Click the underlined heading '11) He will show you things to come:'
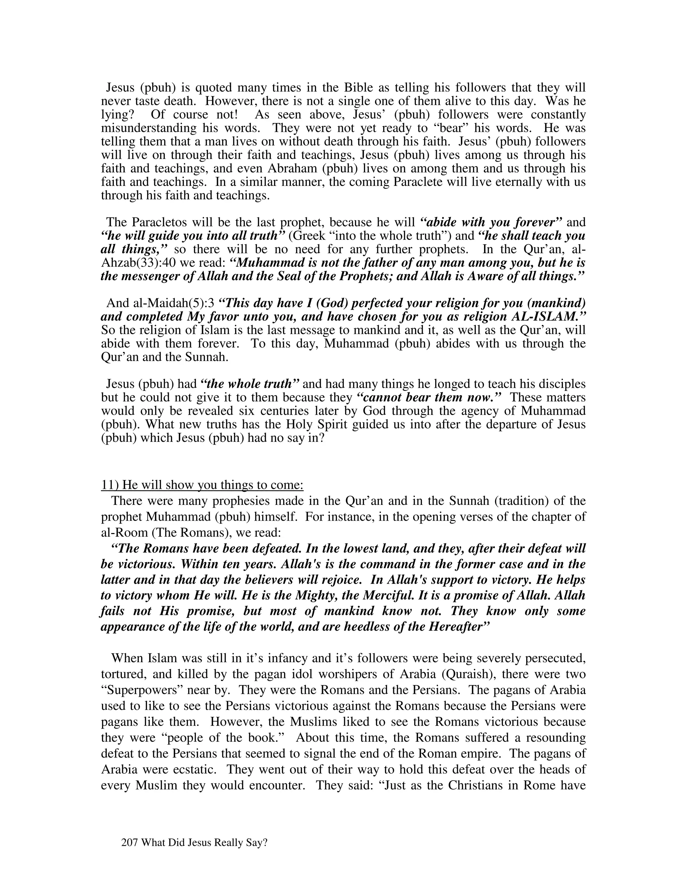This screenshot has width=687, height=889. pos(202,485)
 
